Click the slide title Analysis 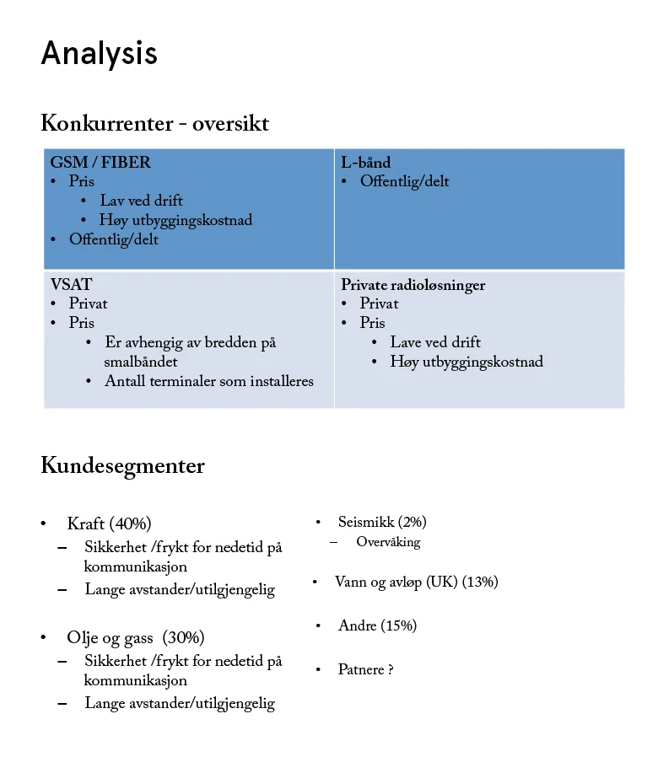pos(99,53)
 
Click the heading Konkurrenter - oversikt pos(154,124)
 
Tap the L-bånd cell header pos(365,163)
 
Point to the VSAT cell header pos(71,285)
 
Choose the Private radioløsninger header pos(413,285)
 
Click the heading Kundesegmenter pos(122,466)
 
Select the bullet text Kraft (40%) pos(109,523)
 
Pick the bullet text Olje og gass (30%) pos(135,637)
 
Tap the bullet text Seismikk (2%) pos(382,523)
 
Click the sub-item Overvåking pos(388,542)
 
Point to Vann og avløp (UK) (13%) pos(416,582)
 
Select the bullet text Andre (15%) pos(377,625)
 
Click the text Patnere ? pos(365,669)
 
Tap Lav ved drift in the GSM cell pos(141,201)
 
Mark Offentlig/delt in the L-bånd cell pos(404,181)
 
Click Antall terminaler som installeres pos(208,381)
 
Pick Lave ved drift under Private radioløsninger pos(434,342)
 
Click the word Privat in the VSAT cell pos(88,303)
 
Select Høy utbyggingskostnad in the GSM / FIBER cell pos(175,220)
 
